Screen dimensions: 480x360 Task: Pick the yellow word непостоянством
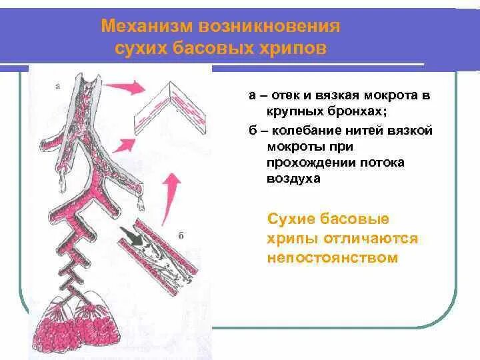[x=332, y=257]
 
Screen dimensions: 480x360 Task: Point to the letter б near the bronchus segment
[x=181, y=235]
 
